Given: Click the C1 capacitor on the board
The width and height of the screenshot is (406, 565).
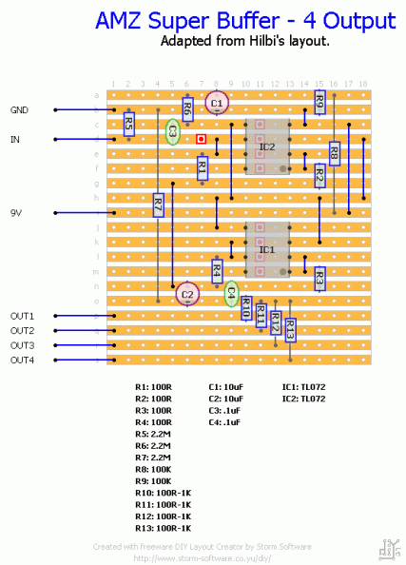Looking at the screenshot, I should pyautogui.click(x=217, y=102).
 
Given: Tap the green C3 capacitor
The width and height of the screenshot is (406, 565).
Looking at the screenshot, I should pyautogui.click(x=173, y=132).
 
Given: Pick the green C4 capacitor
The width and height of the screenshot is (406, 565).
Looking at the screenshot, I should pyautogui.click(x=230, y=293).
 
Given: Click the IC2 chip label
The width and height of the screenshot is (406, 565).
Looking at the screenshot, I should pyautogui.click(x=267, y=147).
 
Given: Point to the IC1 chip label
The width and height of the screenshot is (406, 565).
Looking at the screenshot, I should pyautogui.click(x=267, y=250).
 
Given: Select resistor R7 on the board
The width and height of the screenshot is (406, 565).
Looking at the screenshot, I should pyautogui.click(x=158, y=205).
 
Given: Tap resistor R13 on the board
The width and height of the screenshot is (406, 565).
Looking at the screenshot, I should pyautogui.click(x=290, y=329).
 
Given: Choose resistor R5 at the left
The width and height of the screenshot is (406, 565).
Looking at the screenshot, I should pyautogui.click(x=128, y=124).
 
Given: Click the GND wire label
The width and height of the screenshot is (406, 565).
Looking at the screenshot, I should pyautogui.click(x=20, y=110).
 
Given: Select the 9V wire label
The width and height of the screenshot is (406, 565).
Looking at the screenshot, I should pyautogui.click(x=17, y=213).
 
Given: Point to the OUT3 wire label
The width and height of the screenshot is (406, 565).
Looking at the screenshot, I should pyautogui.click(x=23, y=345).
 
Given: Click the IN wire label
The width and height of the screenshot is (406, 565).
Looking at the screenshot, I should pyautogui.click(x=15, y=140).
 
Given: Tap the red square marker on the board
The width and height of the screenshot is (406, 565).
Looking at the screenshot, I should pyautogui.click(x=202, y=140).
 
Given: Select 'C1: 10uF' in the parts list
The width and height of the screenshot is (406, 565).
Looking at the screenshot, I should pyautogui.click(x=227, y=387).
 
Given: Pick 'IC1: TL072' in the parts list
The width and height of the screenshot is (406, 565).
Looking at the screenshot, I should pyautogui.click(x=303, y=387).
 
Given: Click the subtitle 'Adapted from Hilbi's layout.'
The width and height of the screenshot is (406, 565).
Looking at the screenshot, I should pyautogui.click(x=244, y=42).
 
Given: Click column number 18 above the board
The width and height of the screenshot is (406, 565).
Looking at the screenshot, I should pyautogui.click(x=363, y=85).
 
